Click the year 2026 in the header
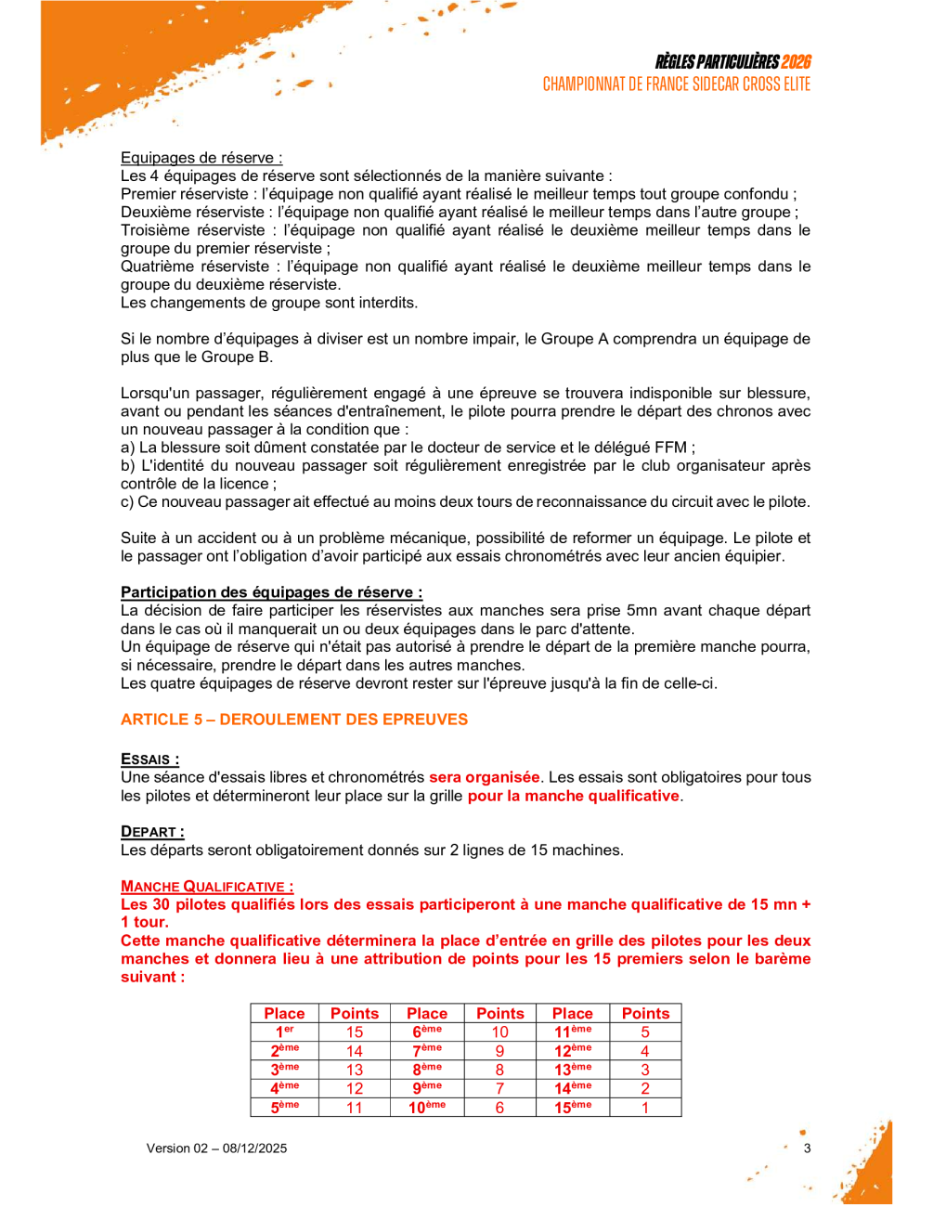[796, 62]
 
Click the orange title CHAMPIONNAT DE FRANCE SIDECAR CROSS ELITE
[677, 84]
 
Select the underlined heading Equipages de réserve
[201, 158]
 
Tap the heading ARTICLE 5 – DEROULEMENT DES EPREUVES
[294, 720]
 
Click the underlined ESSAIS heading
[149, 759]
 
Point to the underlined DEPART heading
[152, 832]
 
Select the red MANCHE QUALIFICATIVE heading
[207, 887]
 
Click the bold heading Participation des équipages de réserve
[271, 592]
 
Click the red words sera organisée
[484, 777]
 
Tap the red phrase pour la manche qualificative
[573, 796]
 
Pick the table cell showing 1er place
[284, 1032]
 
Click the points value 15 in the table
[355, 1032]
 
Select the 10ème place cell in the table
[427, 1108]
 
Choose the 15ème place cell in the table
[573, 1108]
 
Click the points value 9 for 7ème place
[499, 1051]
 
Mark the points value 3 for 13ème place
[645, 1070]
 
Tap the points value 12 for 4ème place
[355, 1088]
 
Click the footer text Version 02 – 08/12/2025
[216, 1149]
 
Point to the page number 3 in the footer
[807, 1149]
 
